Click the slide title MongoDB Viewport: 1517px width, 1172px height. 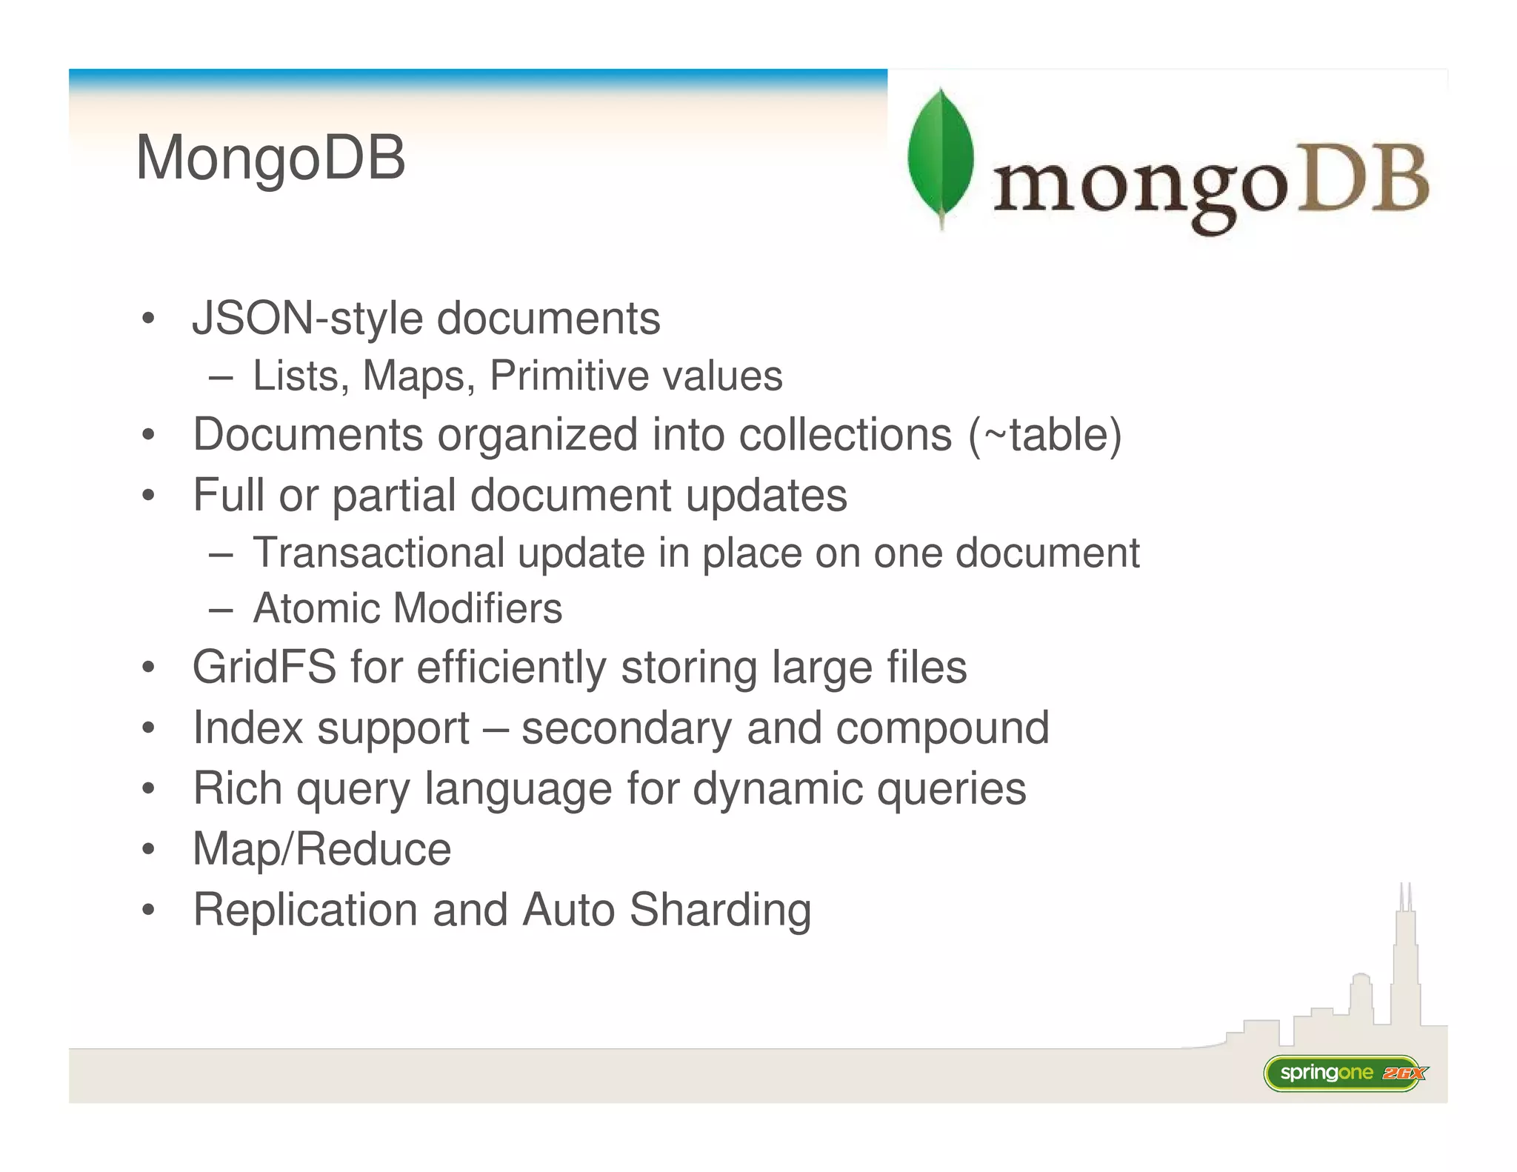pyautogui.click(x=270, y=158)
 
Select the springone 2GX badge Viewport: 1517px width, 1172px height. pyautogui.click(x=1344, y=1073)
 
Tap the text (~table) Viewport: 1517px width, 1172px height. pyautogui.click(x=1044, y=435)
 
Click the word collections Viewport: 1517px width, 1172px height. pyautogui.click(x=845, y=435)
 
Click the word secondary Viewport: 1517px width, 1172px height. pyautogui.click(x=627, y=727)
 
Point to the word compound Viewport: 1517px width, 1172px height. pyautogui.click(x=942, y=729)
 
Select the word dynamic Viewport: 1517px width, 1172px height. pyautogui.click(x=778, y=788)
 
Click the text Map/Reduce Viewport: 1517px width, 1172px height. pyautogui.click(x=321, y=849)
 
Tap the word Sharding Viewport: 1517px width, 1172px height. pyautogui.click(x=720, y=910)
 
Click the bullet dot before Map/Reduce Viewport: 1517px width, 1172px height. pyautogui.click(x=149, y=849)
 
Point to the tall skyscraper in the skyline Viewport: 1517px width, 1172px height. pyautogui.click(x=1405, y=963)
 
